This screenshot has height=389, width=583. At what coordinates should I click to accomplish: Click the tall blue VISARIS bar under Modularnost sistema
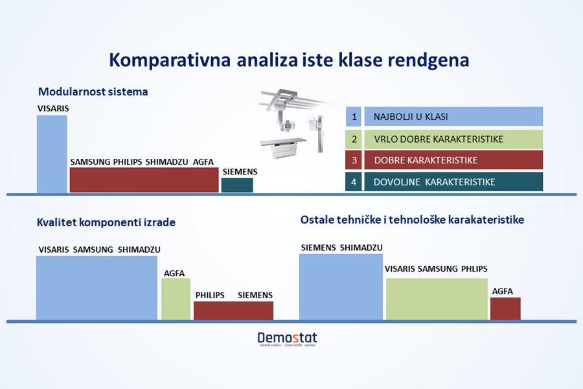(52, 154)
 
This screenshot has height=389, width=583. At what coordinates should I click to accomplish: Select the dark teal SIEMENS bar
(237, 185)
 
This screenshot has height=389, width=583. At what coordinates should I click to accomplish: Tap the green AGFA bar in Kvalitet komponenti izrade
(176, 299)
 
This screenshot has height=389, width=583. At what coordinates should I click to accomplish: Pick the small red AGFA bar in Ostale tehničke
(505, 309)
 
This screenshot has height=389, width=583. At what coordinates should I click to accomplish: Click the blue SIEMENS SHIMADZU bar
(341, 287)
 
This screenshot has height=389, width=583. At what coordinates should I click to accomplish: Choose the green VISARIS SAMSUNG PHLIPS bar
(437, 299)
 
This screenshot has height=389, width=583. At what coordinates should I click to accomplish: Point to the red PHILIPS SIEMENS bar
(233, 311)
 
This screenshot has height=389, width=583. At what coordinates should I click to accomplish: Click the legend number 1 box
(354, 117)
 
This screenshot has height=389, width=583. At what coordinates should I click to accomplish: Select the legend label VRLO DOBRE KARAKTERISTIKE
(439, 139)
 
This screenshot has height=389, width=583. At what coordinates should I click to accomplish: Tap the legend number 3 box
(354, 160)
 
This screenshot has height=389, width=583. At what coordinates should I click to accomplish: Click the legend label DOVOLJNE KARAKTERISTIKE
(434, 182)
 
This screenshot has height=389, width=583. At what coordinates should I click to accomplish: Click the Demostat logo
(288, 339)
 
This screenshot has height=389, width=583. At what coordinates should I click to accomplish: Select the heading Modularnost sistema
(93, 91)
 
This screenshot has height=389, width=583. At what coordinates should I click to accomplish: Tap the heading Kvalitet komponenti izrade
(106, 222)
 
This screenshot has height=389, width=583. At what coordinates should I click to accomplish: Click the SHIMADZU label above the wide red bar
(166, 162)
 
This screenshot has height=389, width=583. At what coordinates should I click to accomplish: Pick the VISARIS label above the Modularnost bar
(53, 108)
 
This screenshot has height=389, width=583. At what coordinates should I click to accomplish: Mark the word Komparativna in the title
(170, 61)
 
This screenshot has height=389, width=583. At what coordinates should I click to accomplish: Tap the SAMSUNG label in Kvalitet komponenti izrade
(93, 250)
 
